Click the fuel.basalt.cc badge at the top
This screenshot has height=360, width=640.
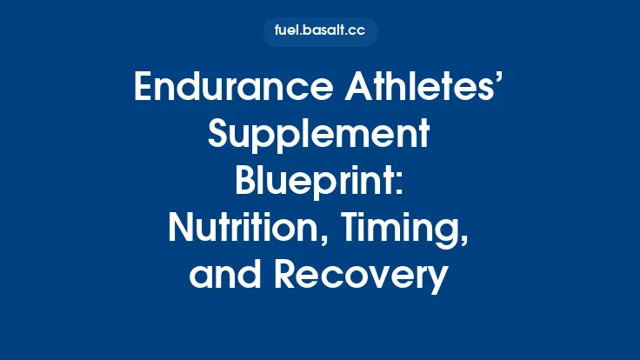320,31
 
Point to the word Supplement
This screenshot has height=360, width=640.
320,137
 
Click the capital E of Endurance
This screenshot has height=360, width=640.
144,90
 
